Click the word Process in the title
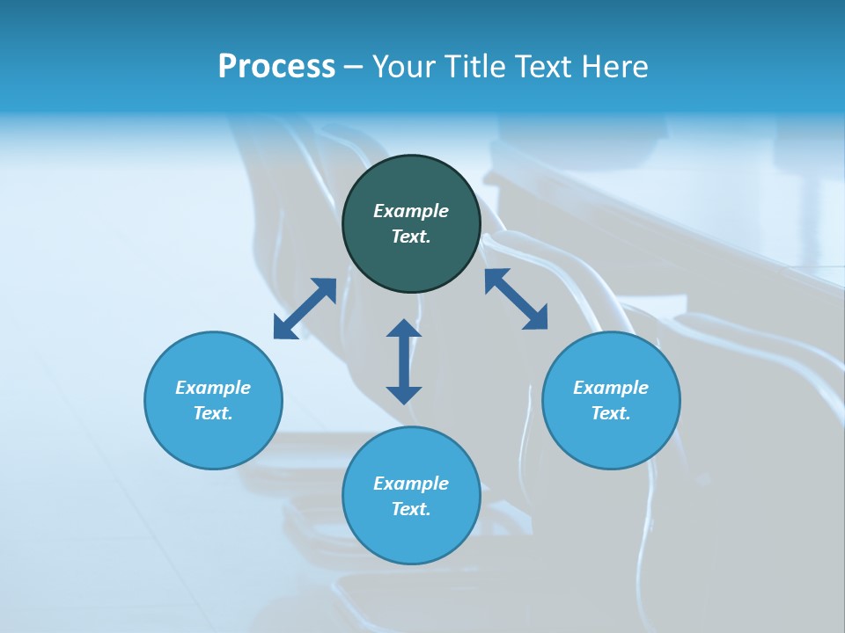pos(276,67)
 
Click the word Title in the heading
pos(474,67)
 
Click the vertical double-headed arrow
pos(404,361)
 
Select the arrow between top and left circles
pos(305,309)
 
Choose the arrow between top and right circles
pos(516,299)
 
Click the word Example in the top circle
pos(411,211)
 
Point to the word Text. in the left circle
pos(213,413)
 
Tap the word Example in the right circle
pos(611,388)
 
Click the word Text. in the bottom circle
pos(411,509)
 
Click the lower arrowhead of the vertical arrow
pos(404,394)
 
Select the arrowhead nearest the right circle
pos(536,319)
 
